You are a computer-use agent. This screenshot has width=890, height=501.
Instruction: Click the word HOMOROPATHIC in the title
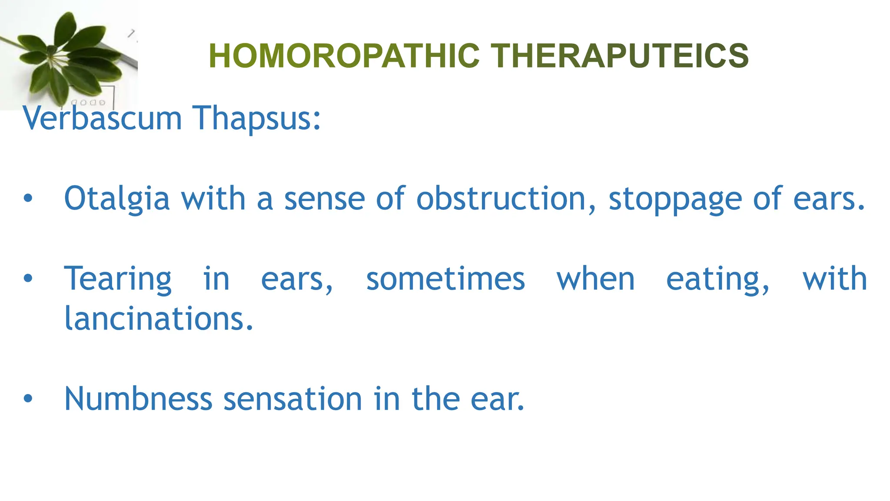click(x=344, y=56)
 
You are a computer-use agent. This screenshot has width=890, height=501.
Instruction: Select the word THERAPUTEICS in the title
click(x=620, y=56)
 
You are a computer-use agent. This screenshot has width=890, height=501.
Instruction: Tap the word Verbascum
click(x=102, y=118)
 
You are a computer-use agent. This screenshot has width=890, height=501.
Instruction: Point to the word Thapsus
click(x=256, y=118)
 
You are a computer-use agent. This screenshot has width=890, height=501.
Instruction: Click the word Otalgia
click(x=116, y=198)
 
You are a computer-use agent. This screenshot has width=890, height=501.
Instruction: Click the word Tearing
click(x=118, y=279)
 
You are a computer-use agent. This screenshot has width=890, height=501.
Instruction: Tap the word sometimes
click(x=445, y=279)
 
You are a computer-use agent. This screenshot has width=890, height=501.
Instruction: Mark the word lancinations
click(x=159, y=318)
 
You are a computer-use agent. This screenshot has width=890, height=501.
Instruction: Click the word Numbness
click(x=138, y=398)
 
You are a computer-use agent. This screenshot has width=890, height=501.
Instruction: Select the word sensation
click(x=292, y=398)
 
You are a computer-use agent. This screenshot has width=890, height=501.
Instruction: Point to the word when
click(x=595, y=279)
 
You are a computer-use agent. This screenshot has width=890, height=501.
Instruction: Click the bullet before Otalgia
click(x=28, y=199)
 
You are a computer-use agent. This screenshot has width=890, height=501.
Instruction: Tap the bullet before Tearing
click(x=28, y=279)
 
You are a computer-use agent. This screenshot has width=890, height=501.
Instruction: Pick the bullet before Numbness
click(x=28, y=398)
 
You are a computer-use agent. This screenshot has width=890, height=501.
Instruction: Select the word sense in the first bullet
click(x=324, y=199)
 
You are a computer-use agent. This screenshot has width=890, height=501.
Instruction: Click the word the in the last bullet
click(x=435, y=398)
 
